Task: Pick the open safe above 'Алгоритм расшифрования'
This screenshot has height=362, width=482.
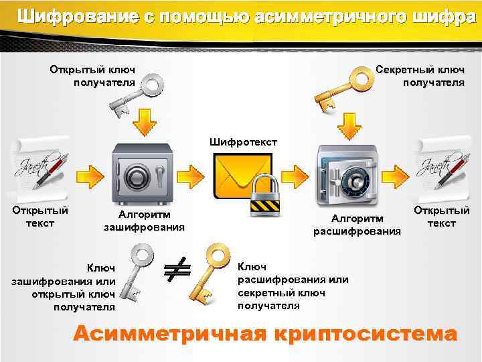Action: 345,175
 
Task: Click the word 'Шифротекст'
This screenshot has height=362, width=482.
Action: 242,142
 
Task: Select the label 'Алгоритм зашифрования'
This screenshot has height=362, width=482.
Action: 144,221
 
